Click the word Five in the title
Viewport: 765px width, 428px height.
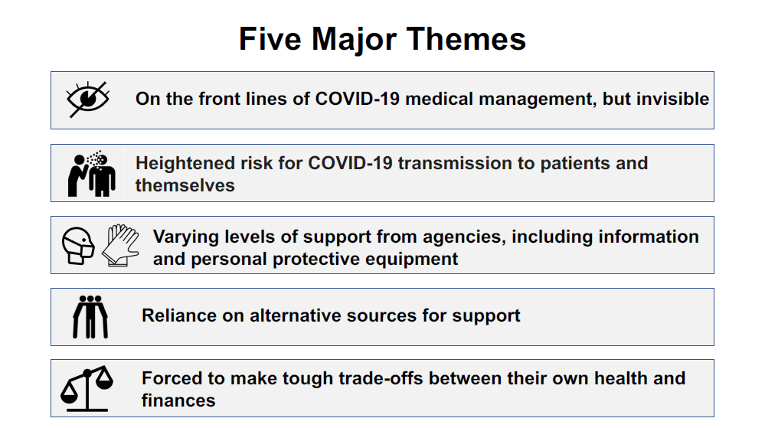click(x=270, y=39)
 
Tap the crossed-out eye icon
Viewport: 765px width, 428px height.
click(x=88, y=100)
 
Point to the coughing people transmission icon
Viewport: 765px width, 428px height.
click(x=92, y=174)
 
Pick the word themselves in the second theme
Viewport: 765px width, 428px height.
click(x=185, y=185)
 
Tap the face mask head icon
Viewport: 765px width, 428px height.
click(x=78, y=246)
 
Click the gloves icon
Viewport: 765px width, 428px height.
click(x=120, y=245)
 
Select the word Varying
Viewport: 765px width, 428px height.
click(x=186, y=237)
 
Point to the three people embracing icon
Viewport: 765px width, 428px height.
click(x=90, y=317)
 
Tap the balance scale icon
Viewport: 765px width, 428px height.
click(x=87, y=388)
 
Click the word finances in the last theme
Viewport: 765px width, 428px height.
click(x=178, y=400)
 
